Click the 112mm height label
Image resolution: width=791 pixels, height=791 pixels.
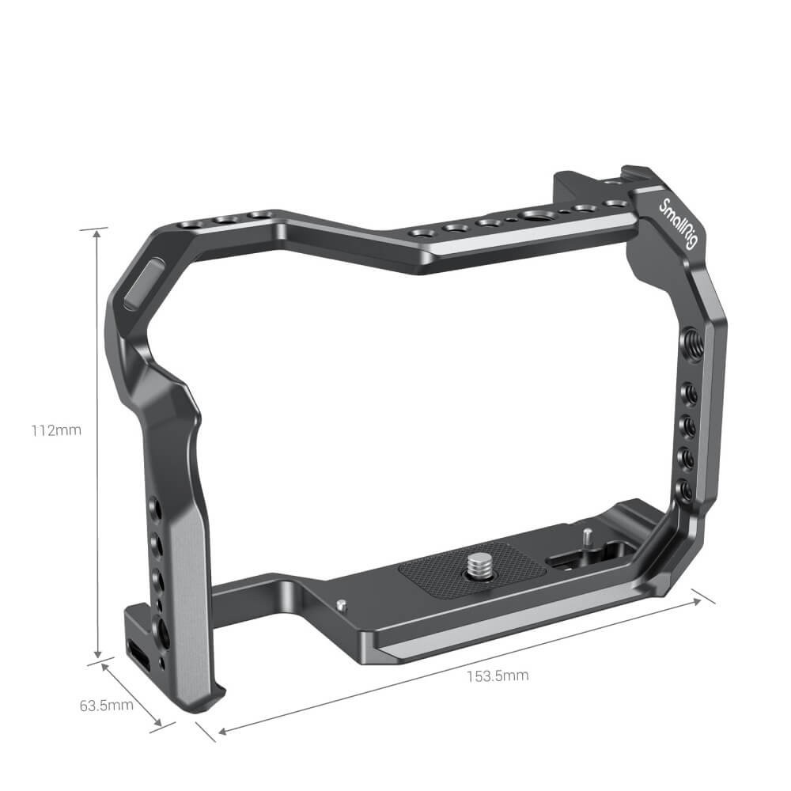click(x=56, y=431)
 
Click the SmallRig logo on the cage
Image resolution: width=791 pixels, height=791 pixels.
click(x=678, y=225)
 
